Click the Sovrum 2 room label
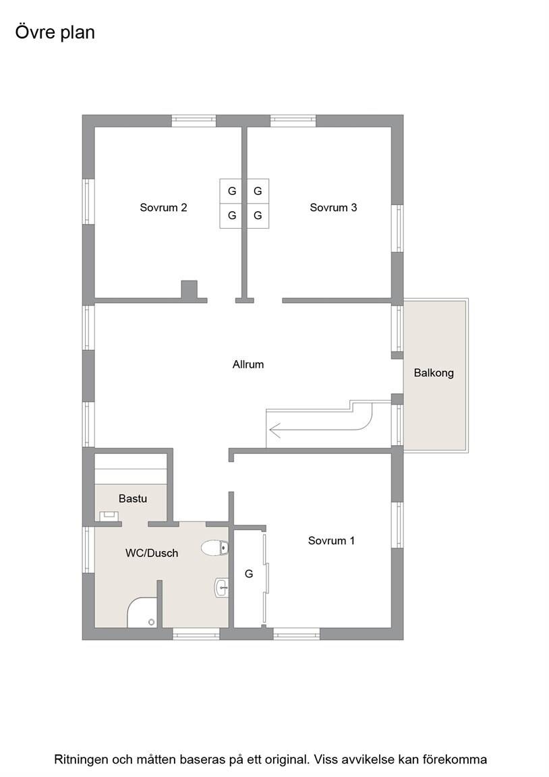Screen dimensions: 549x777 163,208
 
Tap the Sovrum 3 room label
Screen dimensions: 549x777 333,208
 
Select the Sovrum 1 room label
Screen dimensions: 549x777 331,541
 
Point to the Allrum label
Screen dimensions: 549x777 248,365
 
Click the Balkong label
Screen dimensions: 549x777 434,373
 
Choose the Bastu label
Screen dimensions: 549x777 133,498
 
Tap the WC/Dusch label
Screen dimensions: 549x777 152,553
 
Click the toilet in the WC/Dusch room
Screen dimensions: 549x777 214,548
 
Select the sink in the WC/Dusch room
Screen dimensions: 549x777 221,588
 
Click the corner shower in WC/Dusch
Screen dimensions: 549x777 143,612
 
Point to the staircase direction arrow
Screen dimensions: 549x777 320,429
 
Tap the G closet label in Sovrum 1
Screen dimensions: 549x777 249,574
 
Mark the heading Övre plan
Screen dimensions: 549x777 55,32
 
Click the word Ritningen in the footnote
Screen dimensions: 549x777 82,759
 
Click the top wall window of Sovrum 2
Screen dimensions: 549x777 194,121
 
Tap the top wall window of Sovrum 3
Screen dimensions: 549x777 293,121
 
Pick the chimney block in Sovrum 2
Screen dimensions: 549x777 189,289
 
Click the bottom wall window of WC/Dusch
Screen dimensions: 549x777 196,634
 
